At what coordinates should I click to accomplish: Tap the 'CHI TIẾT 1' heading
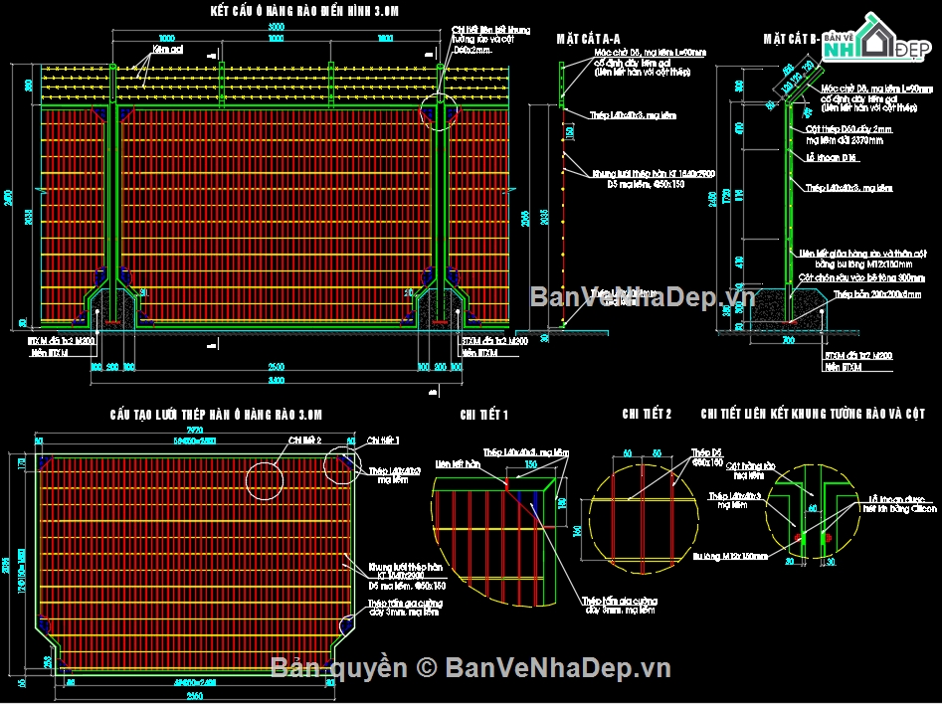(484, 414)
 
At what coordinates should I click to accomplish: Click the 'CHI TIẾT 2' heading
(648, 414)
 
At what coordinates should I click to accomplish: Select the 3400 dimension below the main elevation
(277, 379)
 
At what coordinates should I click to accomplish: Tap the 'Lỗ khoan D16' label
(825, 157)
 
